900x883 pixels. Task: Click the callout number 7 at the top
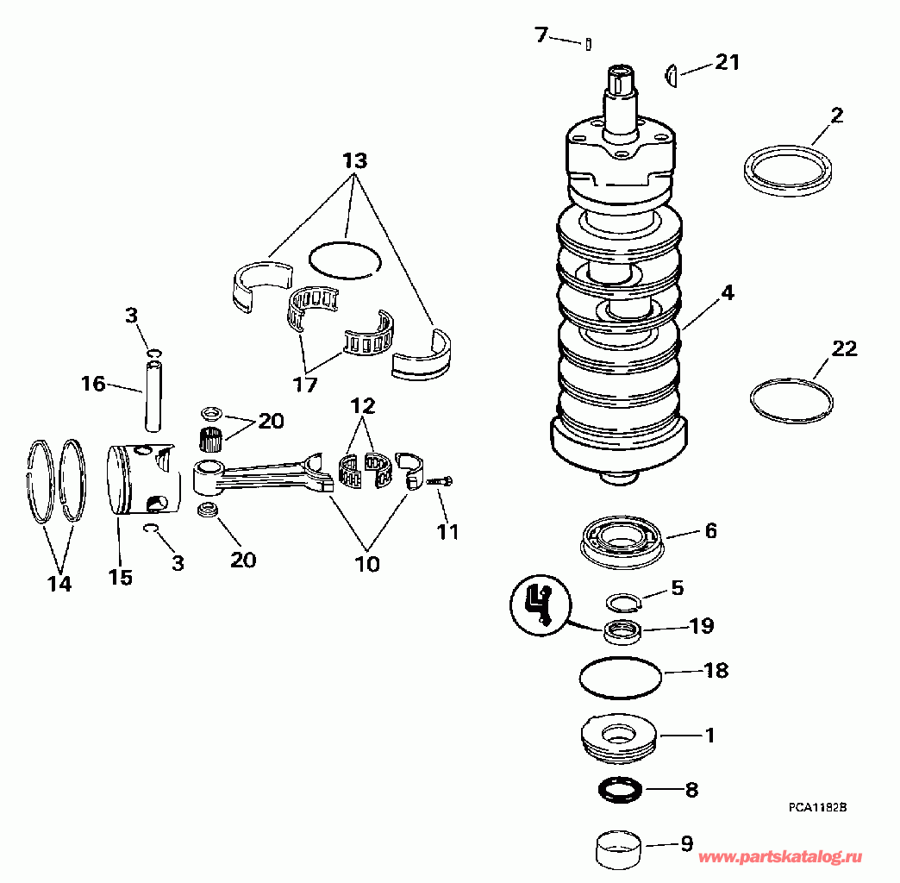[541, 35]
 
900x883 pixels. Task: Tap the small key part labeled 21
[672, 76]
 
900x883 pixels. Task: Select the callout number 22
[844, 348]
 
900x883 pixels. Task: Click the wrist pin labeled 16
[153, 396]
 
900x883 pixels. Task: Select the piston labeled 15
[143, 479]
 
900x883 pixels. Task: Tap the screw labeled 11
[440, 482]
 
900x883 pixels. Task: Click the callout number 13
[354, 160]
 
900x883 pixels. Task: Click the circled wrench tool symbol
[541, 604]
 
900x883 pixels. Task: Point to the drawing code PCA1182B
[816, 807]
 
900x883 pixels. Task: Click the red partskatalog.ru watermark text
[779, 857]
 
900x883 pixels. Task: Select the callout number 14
[59, 584]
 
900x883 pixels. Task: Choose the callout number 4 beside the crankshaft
[728, 293]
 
